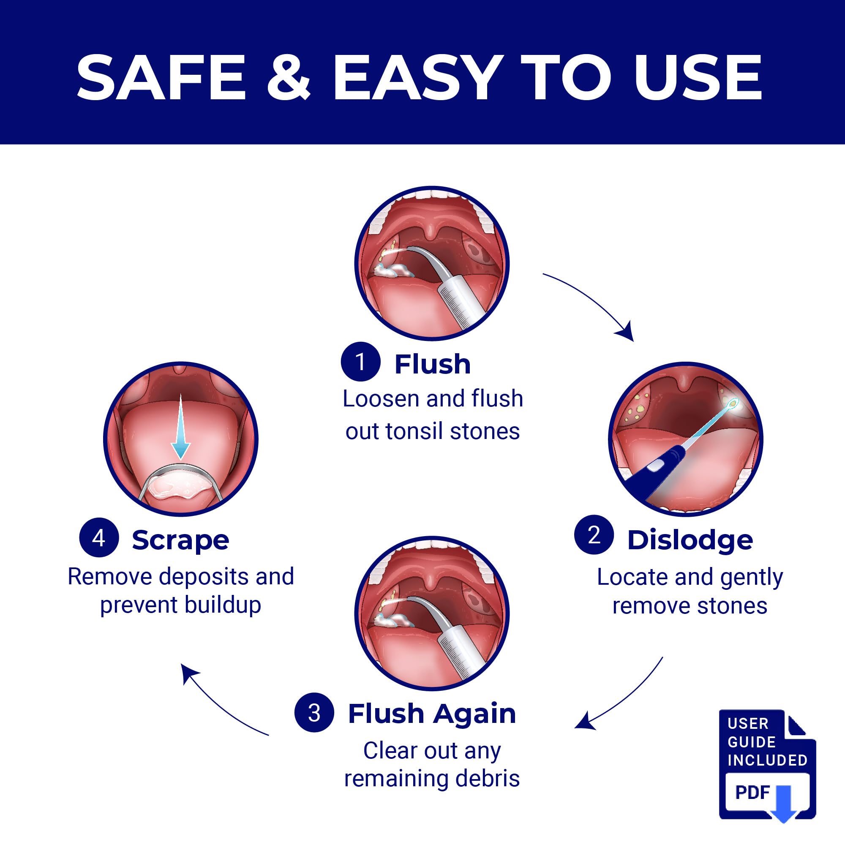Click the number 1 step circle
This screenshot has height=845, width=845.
[360, 362]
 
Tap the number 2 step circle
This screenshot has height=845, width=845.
[594, 535]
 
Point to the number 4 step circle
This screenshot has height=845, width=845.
[99, 537]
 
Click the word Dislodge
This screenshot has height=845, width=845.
[690, 541]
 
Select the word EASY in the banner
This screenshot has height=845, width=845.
[417, 78]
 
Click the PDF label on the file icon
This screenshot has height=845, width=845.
[752, 792]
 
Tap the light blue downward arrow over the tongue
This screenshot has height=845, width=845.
[181, 428]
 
